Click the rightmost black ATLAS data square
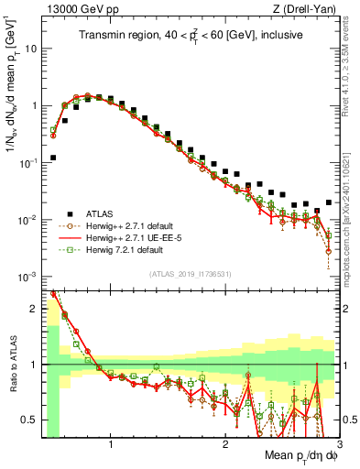(329, 202)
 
